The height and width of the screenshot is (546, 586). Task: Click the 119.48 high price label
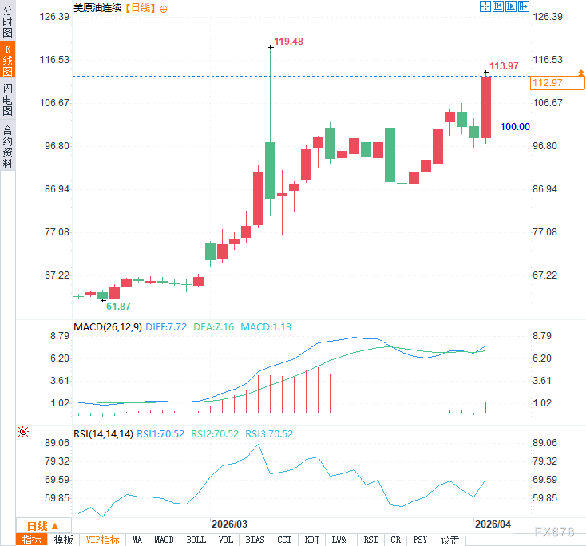288,41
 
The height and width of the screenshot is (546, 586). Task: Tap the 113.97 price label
504,66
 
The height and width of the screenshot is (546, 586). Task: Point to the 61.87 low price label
118,306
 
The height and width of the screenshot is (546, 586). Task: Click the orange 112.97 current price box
557,83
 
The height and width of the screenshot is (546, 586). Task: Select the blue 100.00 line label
515,127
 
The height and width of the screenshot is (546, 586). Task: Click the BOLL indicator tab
196,540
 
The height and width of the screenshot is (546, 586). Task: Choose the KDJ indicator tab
312,540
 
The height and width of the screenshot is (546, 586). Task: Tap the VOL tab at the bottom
226,540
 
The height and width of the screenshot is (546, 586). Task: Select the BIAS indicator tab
255,540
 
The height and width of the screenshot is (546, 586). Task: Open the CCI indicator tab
284,540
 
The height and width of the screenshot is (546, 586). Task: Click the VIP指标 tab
103,540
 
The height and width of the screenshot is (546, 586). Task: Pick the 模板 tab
63,540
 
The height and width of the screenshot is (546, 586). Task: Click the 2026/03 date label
230,524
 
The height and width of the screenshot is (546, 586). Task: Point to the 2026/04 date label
493,524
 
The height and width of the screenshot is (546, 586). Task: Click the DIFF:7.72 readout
166,327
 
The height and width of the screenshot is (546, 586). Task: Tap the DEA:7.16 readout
214,327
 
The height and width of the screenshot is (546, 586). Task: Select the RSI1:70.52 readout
160,434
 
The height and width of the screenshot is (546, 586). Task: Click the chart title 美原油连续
97,8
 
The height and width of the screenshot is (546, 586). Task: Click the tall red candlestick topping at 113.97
486,107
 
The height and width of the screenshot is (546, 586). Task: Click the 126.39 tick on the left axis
54,16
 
